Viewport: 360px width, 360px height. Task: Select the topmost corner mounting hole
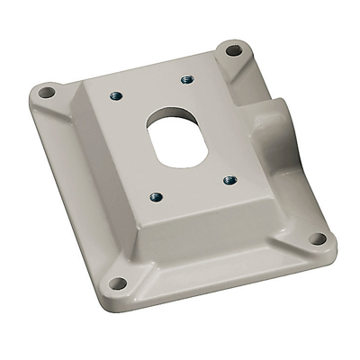233,49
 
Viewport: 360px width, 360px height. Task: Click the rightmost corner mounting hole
317,238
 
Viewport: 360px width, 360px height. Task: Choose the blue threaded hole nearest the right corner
229,180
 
